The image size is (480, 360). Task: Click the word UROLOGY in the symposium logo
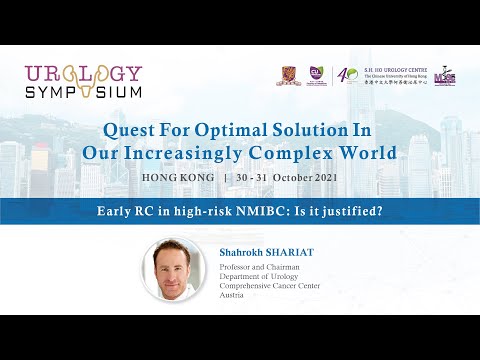[x=84, y=74]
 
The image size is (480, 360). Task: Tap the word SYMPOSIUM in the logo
[x=84, y=91]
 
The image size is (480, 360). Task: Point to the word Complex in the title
[x=305, y=153]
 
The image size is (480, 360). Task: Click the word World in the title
[x=369, y=153]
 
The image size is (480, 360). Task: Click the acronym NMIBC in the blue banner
[x=221, y=211]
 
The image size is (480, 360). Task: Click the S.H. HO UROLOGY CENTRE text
[x=396, y=71]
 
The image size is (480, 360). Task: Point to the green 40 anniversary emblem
[x=346, y=77]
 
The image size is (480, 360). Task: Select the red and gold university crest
[x=288, y=77]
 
